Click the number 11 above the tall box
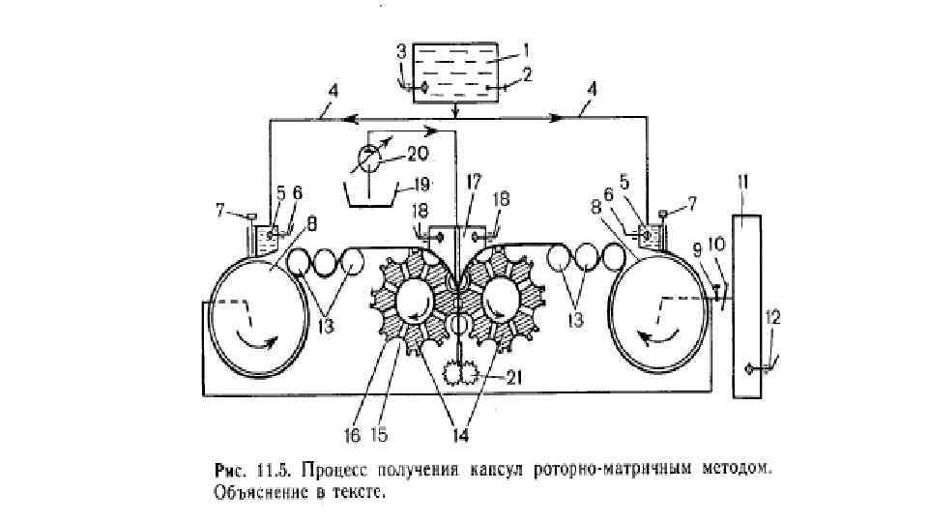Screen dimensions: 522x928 pyautogui.click(x=743, y=181)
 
